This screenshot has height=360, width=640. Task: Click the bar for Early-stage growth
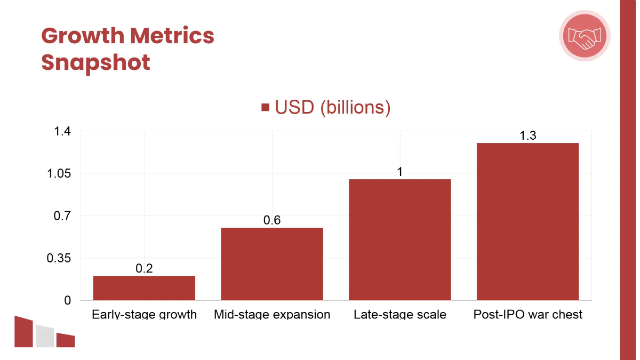[x=144, y=288]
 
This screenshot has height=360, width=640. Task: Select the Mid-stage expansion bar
[x=272, y=264]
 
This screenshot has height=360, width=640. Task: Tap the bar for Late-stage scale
[x=400, y=240]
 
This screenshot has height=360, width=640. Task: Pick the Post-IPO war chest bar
[x=527, y=221]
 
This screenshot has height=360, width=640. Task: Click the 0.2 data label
[x=144, y=268]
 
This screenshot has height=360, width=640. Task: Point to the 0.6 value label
[x=272, y=220]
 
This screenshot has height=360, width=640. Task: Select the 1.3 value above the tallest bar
[x=527, y=135]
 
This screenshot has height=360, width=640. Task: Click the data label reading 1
[x=399, y=172]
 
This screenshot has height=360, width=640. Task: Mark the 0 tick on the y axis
[x=68, y=301]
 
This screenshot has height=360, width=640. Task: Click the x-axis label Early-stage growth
[x=144, y=314]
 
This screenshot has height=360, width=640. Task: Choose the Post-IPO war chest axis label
[x=527, y=314]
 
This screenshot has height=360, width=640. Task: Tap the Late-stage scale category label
[x=400, y=314]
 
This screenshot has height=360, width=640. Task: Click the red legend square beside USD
[x=265, y=108]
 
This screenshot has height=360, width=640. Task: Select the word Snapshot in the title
[x=95, y=62]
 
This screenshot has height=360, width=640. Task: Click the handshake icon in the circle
[x=585, y=36]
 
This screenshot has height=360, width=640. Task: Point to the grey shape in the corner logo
[x=45, y=336]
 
